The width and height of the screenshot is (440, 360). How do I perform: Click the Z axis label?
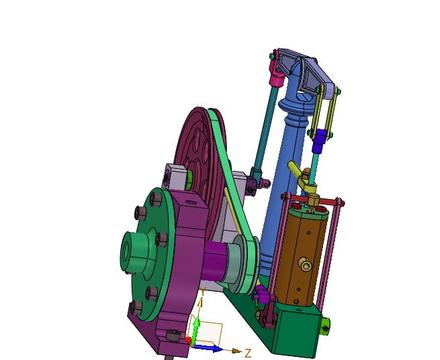[248, 353]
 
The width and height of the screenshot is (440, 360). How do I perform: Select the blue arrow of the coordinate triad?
[208, 348]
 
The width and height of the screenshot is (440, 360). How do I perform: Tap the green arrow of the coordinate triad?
[197, 328]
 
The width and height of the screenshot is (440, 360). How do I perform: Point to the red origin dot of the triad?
[189, 340]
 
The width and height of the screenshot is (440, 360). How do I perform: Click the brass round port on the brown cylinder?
[305, 265]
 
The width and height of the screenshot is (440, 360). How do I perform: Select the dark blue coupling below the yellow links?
[319, 140]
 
